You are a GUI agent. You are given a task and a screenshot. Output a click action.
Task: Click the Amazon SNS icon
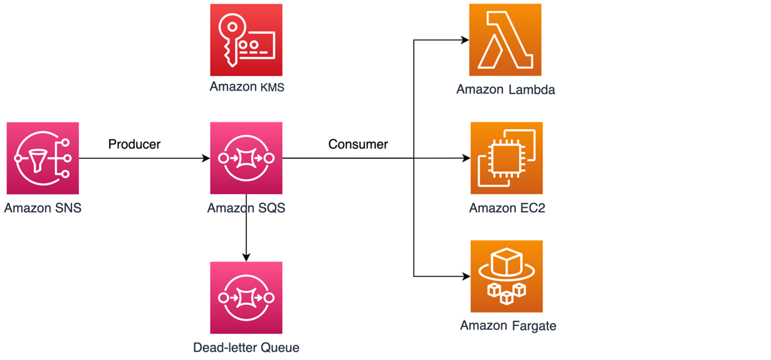43,158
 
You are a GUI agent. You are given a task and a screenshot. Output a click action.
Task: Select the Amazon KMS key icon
246,40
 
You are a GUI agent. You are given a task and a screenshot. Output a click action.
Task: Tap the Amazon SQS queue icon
246,158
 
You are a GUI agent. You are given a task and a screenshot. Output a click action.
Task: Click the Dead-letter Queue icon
246,297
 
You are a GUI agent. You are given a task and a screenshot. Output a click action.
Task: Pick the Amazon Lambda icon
505,40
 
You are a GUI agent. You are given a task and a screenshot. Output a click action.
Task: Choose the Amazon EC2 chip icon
507,158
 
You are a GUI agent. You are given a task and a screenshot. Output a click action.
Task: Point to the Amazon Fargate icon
507,276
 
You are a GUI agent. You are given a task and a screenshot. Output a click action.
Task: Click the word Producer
134,144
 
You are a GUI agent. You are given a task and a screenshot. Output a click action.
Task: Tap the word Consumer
358,144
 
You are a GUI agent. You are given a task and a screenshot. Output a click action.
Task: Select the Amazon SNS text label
43,208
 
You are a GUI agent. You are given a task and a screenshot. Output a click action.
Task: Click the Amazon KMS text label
247,87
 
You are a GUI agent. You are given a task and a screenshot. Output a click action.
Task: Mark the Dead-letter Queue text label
246,347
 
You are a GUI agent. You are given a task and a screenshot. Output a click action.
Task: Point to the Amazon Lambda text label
506,89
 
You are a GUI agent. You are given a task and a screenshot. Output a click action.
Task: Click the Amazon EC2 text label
507,208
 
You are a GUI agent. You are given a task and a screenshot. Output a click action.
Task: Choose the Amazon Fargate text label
508,325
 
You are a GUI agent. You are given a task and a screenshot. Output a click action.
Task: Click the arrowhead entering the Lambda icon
465,40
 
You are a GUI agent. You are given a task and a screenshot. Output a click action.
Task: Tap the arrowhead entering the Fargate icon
466,276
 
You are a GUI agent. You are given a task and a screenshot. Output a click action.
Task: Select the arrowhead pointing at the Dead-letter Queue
246,257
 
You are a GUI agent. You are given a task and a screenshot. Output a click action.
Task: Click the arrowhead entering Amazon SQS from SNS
206,158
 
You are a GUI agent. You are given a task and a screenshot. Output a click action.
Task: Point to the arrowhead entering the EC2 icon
466,158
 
